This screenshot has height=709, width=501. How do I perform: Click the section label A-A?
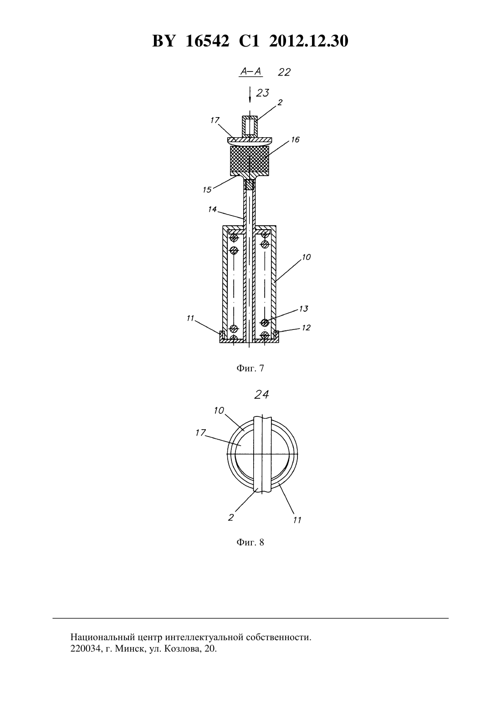click(x=251, y=72)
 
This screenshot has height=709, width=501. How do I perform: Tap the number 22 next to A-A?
click(x=284, y=72)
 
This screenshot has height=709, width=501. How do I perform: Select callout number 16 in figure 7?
click(x=295, y=139)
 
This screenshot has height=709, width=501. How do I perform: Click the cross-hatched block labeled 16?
click(x=250, y=161)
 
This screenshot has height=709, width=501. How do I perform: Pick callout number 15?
click(x=207, y=190)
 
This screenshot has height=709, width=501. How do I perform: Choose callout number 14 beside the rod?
click(x=212, y=209)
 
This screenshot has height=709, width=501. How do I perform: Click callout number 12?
click(x=306, y=328)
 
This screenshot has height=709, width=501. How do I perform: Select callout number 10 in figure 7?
click(x=306, y=257)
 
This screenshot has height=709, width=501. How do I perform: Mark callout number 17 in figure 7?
click(x=215, y=120)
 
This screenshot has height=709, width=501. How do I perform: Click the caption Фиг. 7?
click(x=250, y=368)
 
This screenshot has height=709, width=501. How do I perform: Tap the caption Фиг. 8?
click(x=250, y=542)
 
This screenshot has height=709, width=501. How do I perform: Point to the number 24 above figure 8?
click(x=262, y=395)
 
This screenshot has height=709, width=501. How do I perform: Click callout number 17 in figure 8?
click(x=200, y=432)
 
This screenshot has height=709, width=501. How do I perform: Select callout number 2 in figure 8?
click(x=231, y=518)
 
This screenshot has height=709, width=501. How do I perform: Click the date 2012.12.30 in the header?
click(x=309, y=41)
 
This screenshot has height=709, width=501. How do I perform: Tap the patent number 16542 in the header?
click(x=208, y=41)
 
